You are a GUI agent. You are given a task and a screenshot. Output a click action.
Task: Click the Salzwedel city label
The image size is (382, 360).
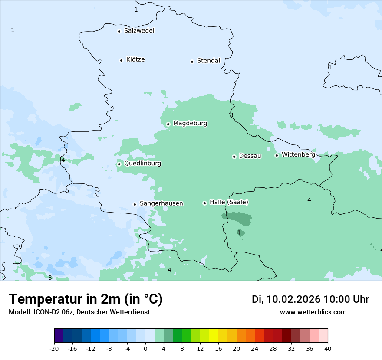point(139,31)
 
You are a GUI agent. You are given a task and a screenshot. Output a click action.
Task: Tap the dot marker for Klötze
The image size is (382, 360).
point(121,60)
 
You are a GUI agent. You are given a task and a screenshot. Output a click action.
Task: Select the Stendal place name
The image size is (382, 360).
point(208,61)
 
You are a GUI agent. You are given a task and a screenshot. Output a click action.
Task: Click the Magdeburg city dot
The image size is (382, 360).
point(168,124)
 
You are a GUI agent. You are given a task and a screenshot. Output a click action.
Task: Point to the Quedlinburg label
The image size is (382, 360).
point(142,164)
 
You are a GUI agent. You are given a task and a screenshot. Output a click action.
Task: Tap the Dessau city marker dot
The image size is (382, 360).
point(234,156)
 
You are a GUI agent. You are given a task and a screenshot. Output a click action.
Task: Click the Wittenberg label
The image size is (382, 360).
point(298,154)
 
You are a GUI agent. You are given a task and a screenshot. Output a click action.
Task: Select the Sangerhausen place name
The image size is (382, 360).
point(161,203)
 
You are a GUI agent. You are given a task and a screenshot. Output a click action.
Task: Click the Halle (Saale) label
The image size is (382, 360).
point(229,202)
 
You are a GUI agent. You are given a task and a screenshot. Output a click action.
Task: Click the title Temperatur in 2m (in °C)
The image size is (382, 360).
point(86,299)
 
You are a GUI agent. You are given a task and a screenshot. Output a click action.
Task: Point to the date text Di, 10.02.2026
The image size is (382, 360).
point(286,299)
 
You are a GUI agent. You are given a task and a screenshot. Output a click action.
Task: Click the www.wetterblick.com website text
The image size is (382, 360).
point(313,312)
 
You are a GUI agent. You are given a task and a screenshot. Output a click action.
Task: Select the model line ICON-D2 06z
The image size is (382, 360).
point(79,312)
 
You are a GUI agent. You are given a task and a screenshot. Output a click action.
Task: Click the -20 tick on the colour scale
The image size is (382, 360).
point(54,348)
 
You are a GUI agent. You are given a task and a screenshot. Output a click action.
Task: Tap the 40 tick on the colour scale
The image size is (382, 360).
point(327,348)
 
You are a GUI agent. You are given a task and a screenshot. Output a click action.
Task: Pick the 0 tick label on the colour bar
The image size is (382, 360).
point(145,348)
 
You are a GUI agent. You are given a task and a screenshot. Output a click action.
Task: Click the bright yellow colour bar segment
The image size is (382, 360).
point(214,335)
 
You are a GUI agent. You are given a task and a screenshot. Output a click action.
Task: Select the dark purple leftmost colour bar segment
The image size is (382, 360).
point(59,335)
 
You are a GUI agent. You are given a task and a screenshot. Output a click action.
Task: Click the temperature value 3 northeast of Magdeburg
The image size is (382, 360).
point(231,115)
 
